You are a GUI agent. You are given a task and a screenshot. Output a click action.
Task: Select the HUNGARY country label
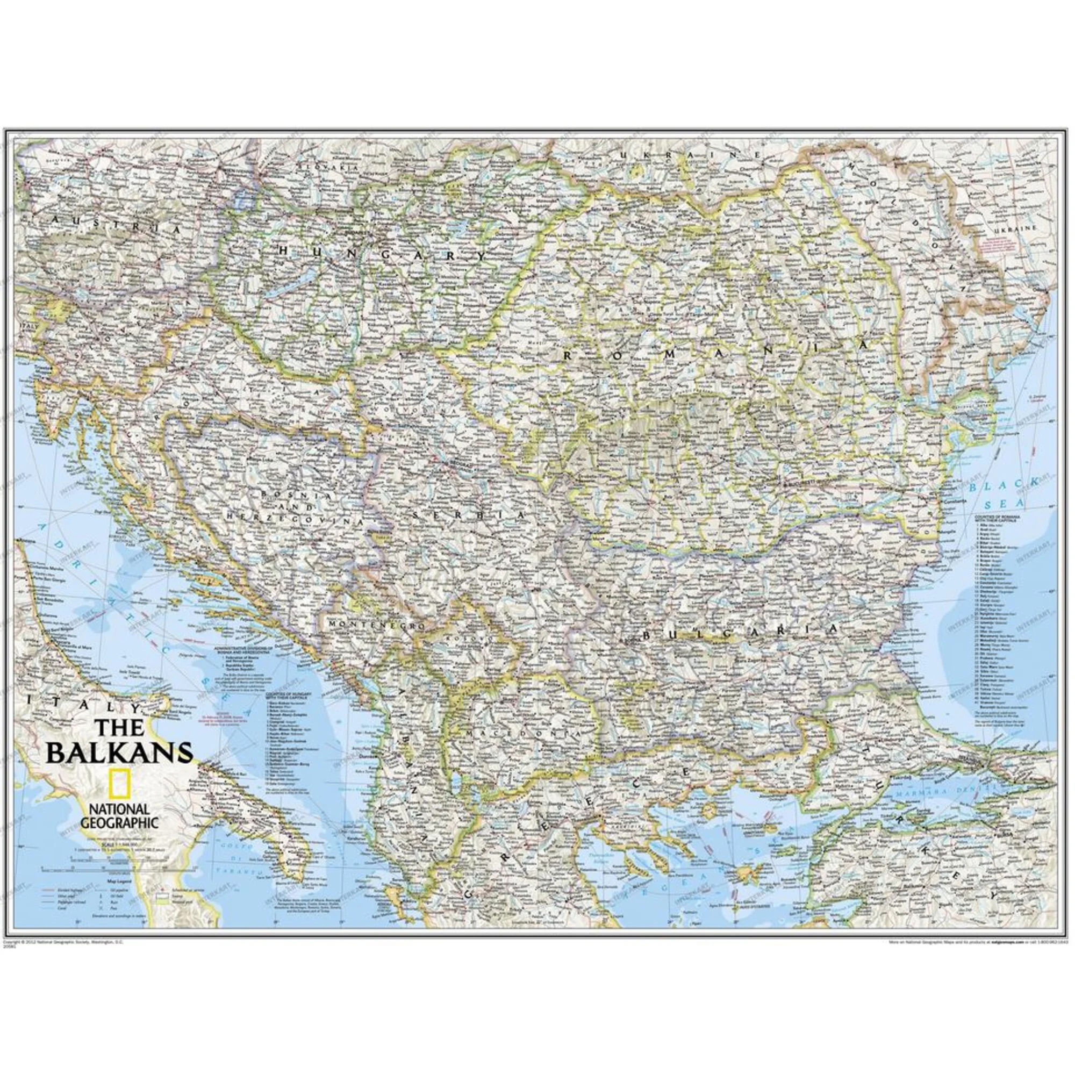click(x=382, y=253)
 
